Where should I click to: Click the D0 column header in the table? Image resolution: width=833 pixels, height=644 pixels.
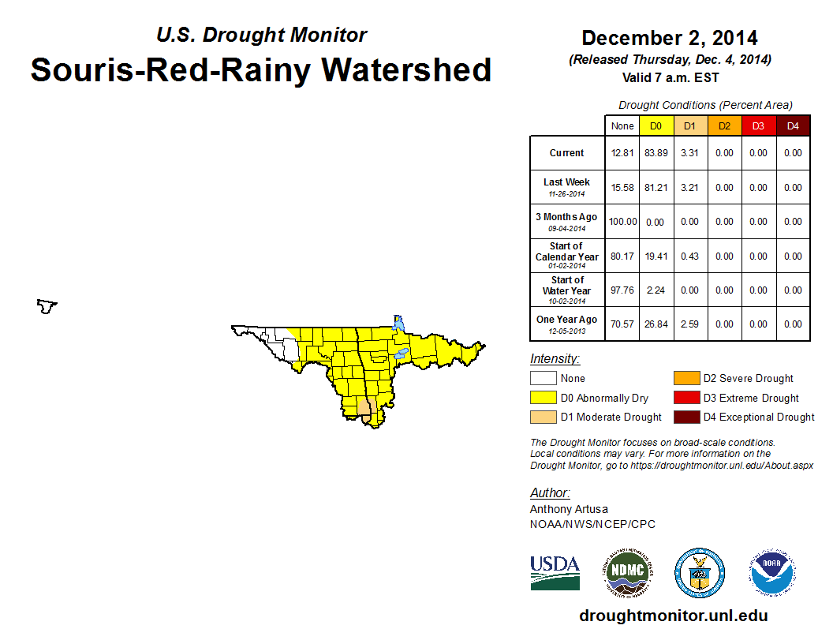pyautogui.click(x=656, y=125)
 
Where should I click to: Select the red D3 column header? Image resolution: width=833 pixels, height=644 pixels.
pyautogui.click(x=759, y=125)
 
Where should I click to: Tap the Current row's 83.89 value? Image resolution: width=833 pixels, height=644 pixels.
pyautogui.click(x=656, y=153)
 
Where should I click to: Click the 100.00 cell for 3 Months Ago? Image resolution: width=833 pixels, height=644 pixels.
pyautogui.click(x=622, y=222)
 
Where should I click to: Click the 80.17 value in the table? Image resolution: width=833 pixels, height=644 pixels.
pyautogui.click(x=622, y=256)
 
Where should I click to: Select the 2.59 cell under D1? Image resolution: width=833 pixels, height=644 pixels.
pyautogui.click(x=690, y=324)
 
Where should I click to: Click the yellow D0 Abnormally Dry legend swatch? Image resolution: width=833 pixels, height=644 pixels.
pyautogui.click(x=542, y=398)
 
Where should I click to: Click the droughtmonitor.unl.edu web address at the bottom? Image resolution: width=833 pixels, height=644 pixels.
pyautogui.click(x=673, y=616)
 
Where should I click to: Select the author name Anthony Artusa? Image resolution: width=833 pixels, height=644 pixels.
pyautogui.click(x=569, y=509)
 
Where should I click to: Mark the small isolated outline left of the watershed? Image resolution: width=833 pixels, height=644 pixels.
pyautogui.click(x=47, y=305)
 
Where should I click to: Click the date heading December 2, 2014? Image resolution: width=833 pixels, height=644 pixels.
pyautogui.click(x=670, y=38)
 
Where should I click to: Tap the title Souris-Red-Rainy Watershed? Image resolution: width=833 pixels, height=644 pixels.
pyautogui.click(x=261, y=69)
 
